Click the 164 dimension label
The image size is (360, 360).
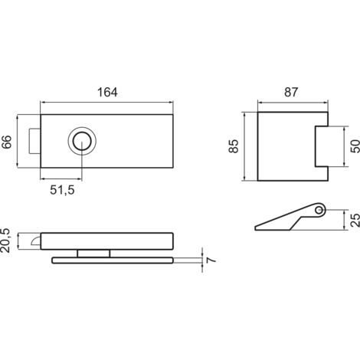click(107, 92)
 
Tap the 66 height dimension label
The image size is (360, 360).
click(7, 142)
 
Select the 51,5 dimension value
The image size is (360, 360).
click(62, 190)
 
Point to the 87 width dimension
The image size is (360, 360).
click(291, 92)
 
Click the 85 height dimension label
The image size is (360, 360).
click(234, 146)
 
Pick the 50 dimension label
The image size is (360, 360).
click(355, 146)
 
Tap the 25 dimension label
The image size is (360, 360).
click(355, 220)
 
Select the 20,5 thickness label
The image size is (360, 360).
click(5, 241)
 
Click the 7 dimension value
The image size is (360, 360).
click(211, 260)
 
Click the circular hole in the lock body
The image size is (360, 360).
click(82, 141)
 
